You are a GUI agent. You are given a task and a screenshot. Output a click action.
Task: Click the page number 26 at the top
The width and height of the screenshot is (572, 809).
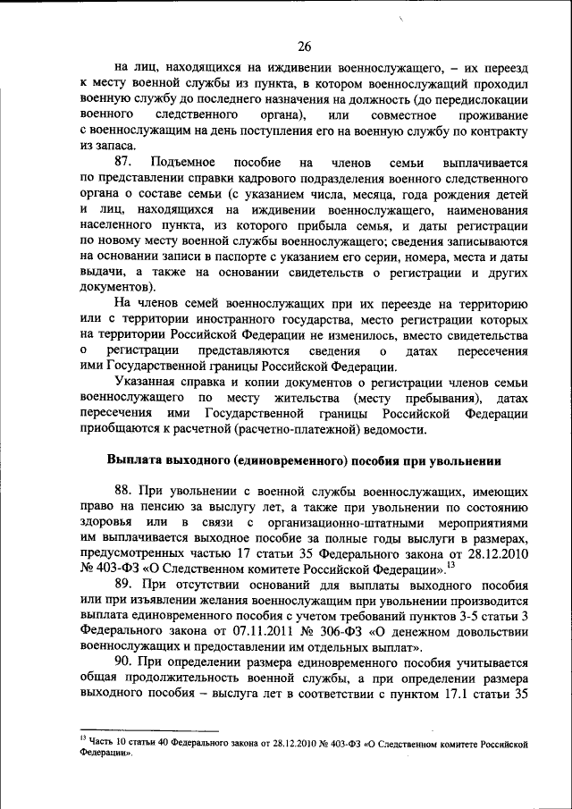point(304,46)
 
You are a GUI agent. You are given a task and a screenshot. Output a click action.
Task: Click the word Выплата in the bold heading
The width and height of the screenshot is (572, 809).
point(131,460)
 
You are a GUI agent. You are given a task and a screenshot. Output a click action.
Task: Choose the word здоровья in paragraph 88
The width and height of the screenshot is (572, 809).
point(106,523)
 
